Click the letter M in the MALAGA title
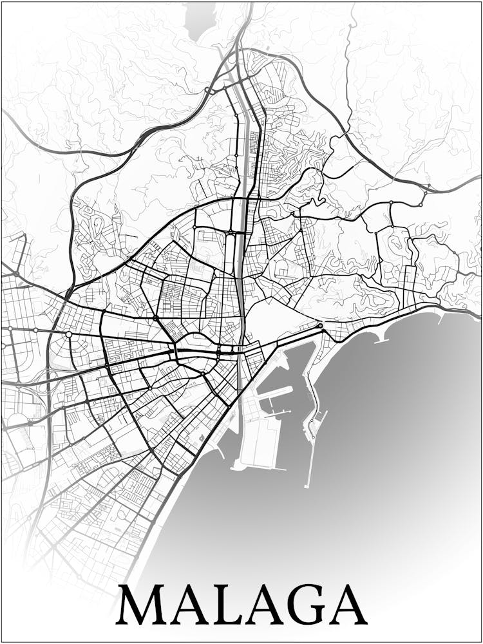pos(144,605)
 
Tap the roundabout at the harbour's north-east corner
pos(320,326)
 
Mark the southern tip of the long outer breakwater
pos(308,484)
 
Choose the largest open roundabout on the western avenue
pos(68,334)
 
